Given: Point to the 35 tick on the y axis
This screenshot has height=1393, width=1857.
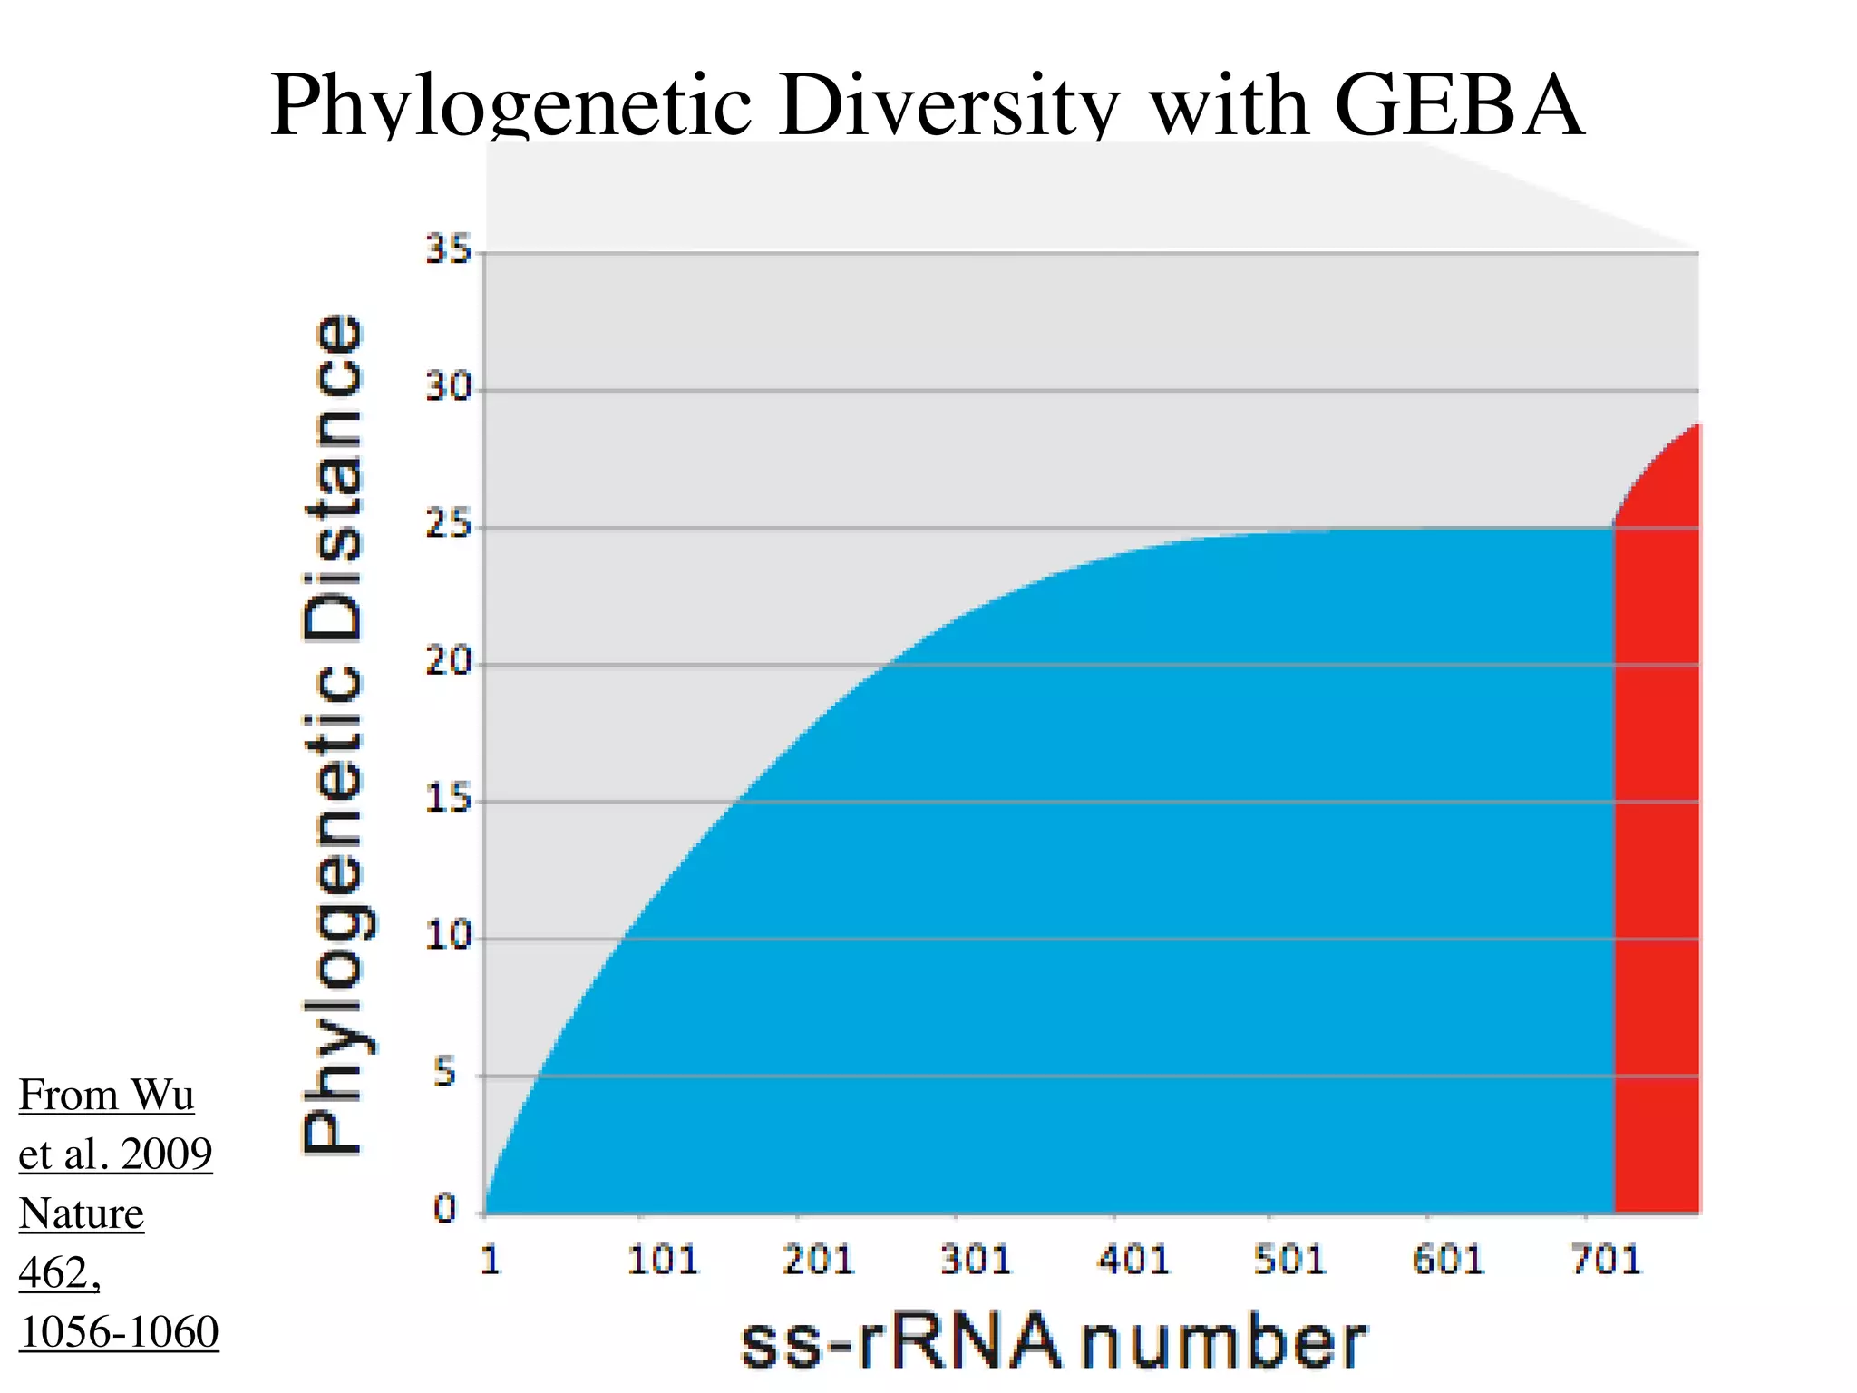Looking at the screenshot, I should point(449,249).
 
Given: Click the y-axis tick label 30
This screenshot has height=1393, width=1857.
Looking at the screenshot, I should point(449,388).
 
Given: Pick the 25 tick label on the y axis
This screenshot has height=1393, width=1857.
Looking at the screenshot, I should point(449,525).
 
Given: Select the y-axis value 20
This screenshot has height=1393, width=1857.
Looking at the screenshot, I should point(449,662).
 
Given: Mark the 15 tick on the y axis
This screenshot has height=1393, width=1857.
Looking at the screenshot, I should point(449,800).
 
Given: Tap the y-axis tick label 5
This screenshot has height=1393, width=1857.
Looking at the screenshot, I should point(444,1074).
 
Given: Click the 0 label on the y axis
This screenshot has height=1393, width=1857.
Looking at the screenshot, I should point(444,1209).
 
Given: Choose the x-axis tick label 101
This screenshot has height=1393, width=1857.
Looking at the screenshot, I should point(663,1261).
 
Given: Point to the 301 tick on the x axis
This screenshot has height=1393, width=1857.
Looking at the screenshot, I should point(975,1261).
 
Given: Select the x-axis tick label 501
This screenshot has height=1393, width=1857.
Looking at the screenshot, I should point(1289,1261).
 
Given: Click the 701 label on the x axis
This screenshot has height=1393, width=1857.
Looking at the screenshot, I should point(1606,1261).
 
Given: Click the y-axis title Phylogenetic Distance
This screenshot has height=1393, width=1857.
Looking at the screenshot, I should point(333,735).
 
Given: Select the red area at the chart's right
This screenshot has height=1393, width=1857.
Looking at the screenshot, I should point(1656,862).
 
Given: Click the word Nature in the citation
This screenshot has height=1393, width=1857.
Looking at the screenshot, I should point(82,1213).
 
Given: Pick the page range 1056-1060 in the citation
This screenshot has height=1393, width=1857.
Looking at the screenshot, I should point(119,1332).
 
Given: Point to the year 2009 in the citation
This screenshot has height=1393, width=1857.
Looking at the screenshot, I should point(166,1154).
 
